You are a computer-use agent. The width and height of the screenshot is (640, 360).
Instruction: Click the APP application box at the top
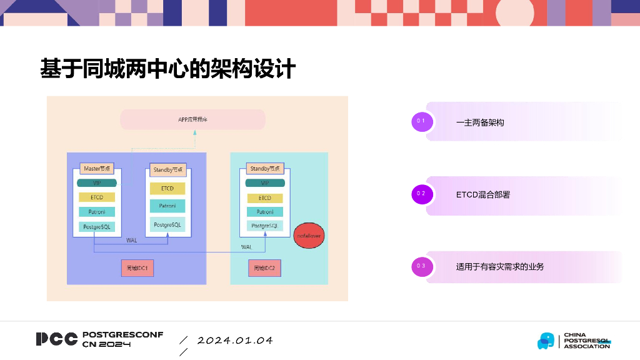pos(192,119)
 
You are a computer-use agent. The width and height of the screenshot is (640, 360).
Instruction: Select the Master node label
pos(97,169)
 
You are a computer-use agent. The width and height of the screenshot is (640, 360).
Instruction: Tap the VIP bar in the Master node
pos(97,183)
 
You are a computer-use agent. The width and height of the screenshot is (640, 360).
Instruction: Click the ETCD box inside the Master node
pos(97,197)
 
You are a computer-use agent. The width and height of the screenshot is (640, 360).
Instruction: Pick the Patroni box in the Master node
pos(97,212)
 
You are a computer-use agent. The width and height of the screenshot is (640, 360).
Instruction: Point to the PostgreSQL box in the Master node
pos(97,227)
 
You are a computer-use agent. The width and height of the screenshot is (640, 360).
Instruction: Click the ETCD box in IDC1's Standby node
pos(167,188)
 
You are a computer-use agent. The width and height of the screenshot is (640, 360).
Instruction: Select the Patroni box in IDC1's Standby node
pos(167,206)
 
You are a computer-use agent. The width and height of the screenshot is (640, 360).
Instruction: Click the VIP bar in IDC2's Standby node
pos(265,183)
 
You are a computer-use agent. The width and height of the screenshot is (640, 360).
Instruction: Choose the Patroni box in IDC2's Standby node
pos(265,212)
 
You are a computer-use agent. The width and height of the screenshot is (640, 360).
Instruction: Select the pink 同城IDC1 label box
pos(137,268)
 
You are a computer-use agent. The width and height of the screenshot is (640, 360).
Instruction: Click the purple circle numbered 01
pos(422,121)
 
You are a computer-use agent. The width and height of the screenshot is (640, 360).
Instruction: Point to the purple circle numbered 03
pos(422,266)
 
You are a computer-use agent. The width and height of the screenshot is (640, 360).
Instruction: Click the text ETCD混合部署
pos(482,195)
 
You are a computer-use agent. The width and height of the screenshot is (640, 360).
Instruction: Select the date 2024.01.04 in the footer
pos(235,341)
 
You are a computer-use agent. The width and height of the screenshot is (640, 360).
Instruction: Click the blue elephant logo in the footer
pos(546,341)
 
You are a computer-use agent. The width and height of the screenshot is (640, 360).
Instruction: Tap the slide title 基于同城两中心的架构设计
pos(167,68)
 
